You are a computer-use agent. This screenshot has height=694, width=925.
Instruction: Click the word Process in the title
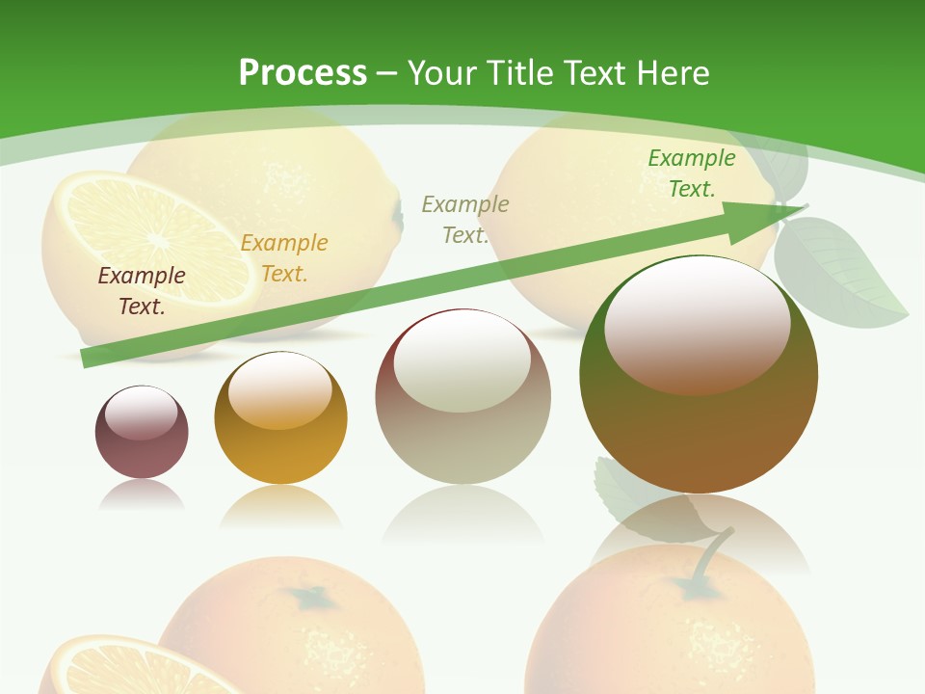[303, 73]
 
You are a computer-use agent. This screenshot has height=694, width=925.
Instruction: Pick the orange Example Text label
[284, 258]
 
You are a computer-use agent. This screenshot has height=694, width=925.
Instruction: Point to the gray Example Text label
[465, 219]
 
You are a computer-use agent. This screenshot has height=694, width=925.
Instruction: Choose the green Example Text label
[692, 173]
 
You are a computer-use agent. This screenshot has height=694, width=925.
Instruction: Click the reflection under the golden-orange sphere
[280, 506]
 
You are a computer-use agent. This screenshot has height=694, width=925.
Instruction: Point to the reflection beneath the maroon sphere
[142, 494]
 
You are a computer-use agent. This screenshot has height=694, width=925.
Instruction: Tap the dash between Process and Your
[386, 73]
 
